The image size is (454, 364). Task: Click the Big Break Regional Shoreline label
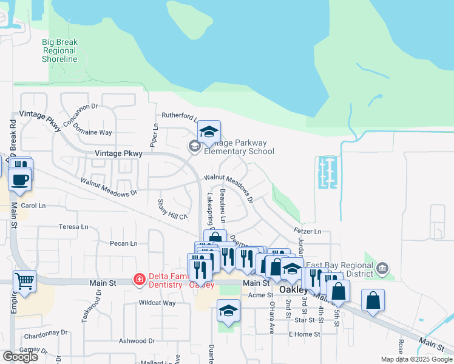click(x=59, y=50)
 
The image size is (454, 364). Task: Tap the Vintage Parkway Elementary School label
click(x=239, y=147)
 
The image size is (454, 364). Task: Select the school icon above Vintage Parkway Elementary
click(x=208, y=131)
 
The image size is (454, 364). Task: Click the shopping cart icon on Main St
click(x=24, y=281)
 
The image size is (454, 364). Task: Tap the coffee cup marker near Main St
click(x=20, y=180)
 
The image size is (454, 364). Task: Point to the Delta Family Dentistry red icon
click(x=140, y=280)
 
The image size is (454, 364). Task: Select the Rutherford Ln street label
click(x=178, y=116)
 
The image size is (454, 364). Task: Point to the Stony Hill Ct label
click(x=172, y=209)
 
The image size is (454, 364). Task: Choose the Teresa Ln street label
click(x=73, y=227)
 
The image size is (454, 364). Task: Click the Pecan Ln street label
click(x=123, y=244)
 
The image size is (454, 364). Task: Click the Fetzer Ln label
click(x=307, y=231)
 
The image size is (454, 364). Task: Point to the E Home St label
click(x=303, y=334)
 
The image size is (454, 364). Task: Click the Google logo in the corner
click(x=20, y=357)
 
